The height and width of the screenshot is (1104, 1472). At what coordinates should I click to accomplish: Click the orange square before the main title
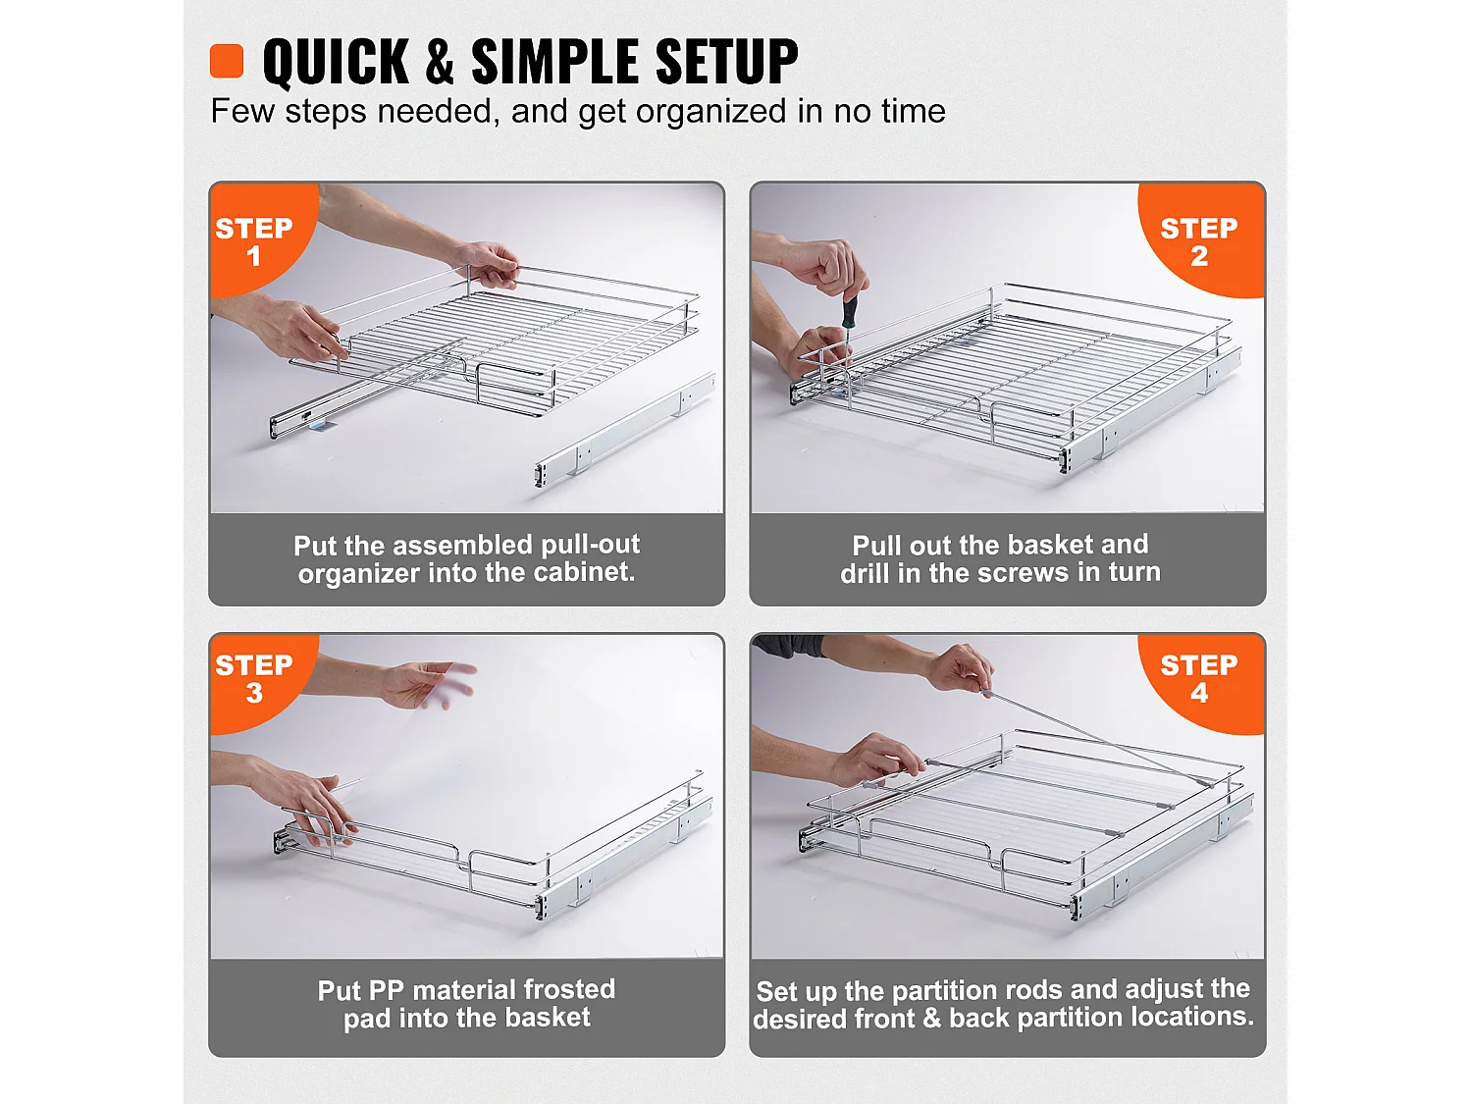pos(227,61)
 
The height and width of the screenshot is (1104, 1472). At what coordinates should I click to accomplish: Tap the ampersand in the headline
pos(440,62)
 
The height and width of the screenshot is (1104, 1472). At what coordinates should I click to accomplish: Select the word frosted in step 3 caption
pos(568,989)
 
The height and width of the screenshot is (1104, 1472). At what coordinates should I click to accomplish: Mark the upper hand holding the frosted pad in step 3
pos(427,684)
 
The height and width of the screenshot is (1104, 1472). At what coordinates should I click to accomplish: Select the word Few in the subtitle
pos(242,112)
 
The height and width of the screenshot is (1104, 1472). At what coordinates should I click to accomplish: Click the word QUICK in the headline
pos(336,62)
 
